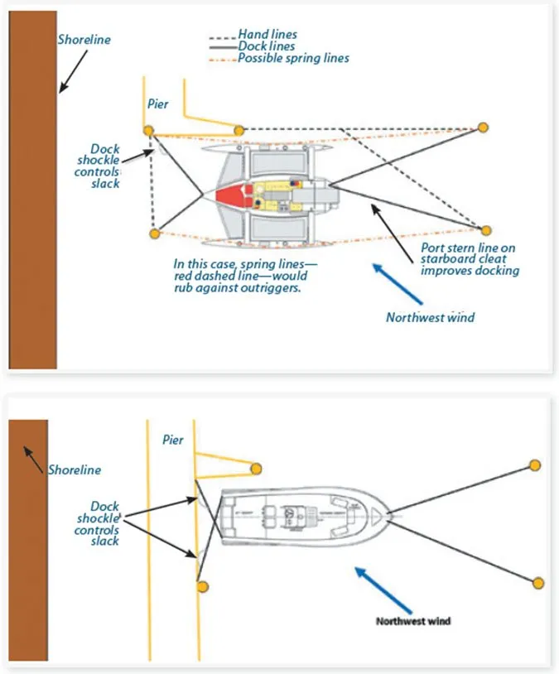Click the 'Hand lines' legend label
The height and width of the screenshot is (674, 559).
[x=267, y=35]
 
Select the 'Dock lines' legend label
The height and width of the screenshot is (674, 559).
[x=267, y=47]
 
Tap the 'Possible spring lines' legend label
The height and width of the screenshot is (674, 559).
[x=293, y=59]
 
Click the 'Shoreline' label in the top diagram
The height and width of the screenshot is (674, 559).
[x=84, y=39]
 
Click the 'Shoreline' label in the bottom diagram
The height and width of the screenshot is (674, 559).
[x=74, y=469]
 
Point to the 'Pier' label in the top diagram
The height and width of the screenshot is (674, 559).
[x=158, y=104]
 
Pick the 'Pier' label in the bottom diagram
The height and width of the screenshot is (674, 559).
[x=173, y=441]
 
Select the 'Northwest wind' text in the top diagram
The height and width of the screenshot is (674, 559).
[x=431, y=317]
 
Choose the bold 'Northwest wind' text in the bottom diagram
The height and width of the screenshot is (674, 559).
[x=413, y=620]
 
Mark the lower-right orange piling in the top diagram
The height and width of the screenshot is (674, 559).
[x=487, y=230]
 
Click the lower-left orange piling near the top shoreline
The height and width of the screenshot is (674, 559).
[x=154, y=234]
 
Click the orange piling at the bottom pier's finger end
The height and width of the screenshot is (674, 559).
[x=257, y=468]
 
